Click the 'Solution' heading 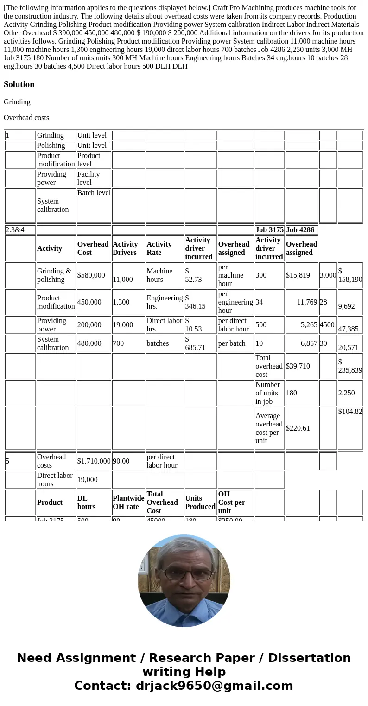(x=19, y=84)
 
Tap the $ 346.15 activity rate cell (x=201, y=302)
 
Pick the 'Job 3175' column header (x=269, y=230)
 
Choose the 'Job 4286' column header (x=300, y=230)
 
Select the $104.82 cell (x=350, y=412)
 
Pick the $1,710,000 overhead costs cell (x=94, y=461)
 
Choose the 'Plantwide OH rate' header (x=128, y=502)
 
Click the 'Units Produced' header (x=200, y=502)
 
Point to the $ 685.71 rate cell (x=201, y=343)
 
